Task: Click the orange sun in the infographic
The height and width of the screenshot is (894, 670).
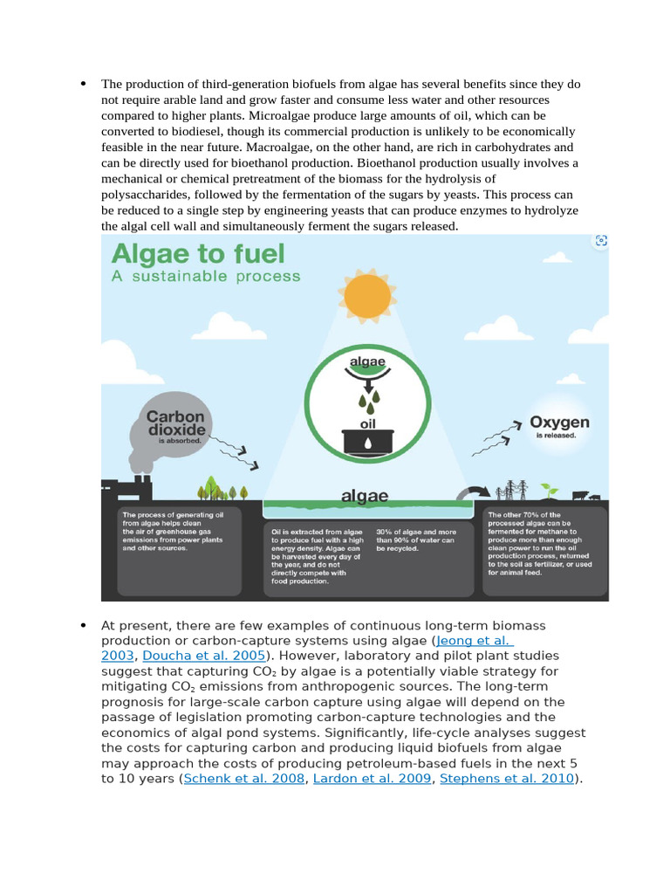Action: (367, 296)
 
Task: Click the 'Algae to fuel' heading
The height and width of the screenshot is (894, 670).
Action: (198, 255)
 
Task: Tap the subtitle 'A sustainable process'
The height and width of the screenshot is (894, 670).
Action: (205, 276)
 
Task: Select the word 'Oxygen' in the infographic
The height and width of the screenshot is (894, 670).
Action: (559, 423)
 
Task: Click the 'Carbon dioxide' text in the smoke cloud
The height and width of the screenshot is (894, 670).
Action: (176, 423)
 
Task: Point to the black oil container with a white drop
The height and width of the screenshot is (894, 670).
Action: (367, 441)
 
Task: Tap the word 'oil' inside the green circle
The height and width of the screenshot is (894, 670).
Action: (367, 423)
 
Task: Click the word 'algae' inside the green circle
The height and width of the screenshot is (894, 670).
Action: (367, 361)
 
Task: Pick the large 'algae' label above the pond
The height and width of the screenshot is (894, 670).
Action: (364, 496)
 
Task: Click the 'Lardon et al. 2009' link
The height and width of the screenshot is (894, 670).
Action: (372, 779)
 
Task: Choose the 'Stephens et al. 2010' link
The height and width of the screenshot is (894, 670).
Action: (507, 779)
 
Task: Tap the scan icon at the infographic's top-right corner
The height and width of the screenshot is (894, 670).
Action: (599, 242)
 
